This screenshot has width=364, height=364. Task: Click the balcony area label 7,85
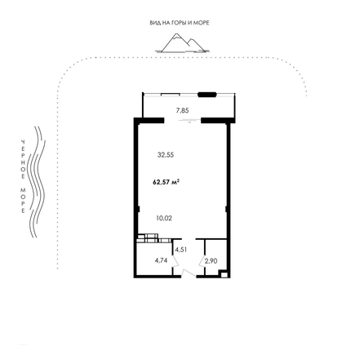point(182,110)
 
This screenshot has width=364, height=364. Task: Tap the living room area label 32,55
point(166,155)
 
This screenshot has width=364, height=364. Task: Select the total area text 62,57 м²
point(166,182)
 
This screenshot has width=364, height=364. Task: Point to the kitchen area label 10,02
point(164,218)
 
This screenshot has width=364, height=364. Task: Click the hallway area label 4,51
point(181,250)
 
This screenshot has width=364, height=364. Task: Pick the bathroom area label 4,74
point(161,260)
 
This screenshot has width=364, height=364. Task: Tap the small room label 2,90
point(211,261)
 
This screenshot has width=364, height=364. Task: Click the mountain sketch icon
point(183,43)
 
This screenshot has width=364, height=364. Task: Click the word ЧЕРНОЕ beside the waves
point(23,159)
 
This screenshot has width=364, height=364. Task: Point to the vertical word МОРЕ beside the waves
point(23,200)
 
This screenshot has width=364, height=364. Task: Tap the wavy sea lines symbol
point(37,182)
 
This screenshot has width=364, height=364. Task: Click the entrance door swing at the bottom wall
point(189,273)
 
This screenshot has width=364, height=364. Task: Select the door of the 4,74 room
point(175,261)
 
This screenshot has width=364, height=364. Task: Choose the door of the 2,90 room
point(202,261)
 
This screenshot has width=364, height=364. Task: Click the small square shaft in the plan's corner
point(224,274)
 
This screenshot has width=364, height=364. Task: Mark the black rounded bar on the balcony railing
point(207,95)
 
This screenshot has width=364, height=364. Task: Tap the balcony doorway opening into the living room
point(183,121)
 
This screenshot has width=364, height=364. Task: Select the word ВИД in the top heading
point(154,23)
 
